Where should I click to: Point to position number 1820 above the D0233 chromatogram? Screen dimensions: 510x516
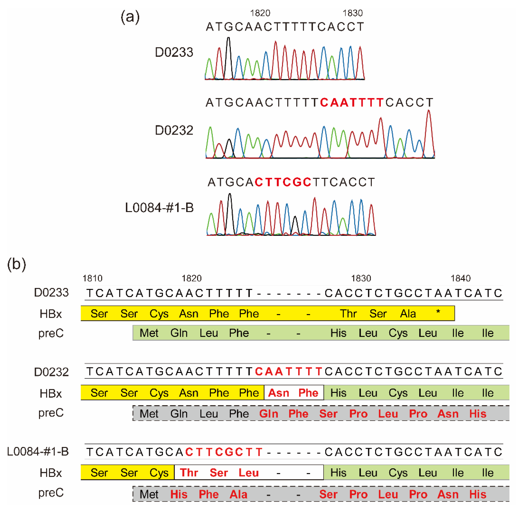point(260,13)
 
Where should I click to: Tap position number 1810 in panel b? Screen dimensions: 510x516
point(92,278)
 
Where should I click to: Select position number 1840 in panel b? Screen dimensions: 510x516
point(460,278)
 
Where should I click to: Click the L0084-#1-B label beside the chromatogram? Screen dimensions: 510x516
point(159,208)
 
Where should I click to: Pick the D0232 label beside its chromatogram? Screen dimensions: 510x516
point(174,130)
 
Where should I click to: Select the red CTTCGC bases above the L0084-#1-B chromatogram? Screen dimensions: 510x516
point(283,182)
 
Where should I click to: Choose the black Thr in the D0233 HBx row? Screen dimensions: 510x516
point(348,314)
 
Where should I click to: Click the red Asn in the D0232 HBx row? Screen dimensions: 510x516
point(278,393)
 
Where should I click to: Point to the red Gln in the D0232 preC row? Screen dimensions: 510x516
point(269,414)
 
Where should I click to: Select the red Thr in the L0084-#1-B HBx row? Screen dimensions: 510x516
point(189,473)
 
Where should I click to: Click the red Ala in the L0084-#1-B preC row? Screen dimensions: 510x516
point(239,494)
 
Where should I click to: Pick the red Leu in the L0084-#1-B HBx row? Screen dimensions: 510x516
point(248,473)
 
